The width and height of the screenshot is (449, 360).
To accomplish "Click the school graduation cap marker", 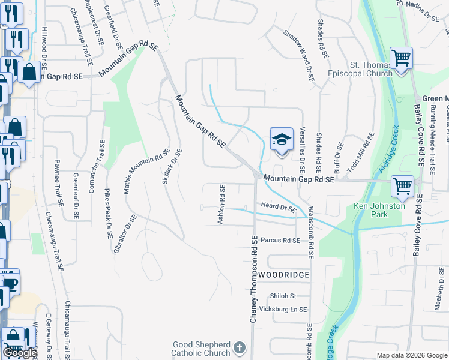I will click(281, 139).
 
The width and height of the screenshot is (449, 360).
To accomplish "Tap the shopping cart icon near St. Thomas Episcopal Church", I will click(401, 59).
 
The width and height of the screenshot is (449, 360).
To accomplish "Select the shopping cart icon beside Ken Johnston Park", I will click(402, 187).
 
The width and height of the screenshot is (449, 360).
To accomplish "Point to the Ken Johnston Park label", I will click(379, 209).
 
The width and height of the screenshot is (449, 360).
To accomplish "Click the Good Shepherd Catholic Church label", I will click(201, 349).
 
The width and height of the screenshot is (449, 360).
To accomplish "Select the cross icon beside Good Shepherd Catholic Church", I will click(239, 347).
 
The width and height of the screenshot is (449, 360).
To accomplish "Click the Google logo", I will click(19, 353).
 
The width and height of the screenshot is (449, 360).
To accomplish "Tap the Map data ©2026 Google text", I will click(411, 355).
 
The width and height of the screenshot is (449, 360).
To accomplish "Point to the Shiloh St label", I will click(283, 296).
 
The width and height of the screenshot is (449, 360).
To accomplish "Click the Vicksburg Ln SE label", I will click(280, 309).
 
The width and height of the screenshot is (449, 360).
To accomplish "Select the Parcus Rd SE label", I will click(280, 240).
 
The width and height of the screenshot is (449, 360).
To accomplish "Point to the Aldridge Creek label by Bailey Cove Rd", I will click(388, 152).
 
